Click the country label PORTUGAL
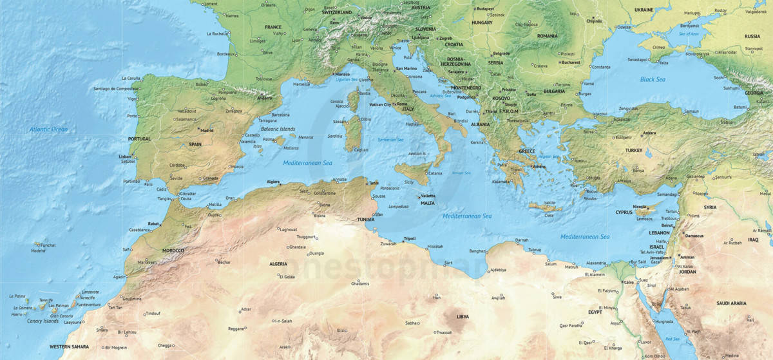(139, 138)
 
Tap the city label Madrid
(207, 130)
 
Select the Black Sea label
(652, 79)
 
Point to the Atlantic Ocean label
(48, 129)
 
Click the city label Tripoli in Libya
(410, 238)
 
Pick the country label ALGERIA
(278, 264)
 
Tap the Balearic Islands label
(278, 129)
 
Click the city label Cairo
(629, 282)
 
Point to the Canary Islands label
(43, 321)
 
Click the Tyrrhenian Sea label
(390, 140)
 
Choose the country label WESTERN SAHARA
(70, 346)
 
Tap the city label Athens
(539, 166)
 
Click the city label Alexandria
(596, 263)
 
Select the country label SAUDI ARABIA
(731, 303)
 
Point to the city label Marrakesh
(148, 263)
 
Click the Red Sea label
(673, 339)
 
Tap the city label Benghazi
(478, 251)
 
